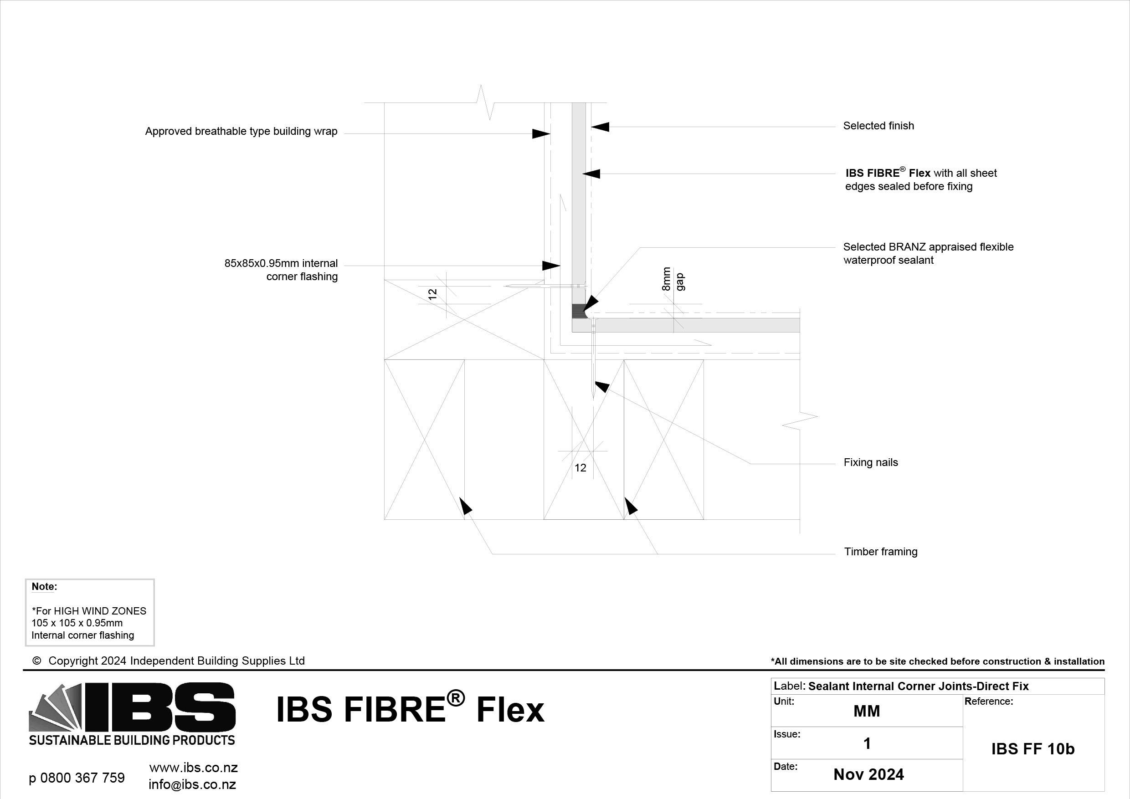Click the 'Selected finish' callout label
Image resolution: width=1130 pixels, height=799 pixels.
pos(878,126)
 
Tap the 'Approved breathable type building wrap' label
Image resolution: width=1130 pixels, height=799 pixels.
pos(241,131)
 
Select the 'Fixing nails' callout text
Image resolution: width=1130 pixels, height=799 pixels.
pos(871,462)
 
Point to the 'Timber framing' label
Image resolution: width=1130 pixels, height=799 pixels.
pos(880,552)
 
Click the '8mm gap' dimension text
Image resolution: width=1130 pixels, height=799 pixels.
pos(673,279)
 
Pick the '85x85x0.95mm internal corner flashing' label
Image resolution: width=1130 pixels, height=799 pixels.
pos(281,270)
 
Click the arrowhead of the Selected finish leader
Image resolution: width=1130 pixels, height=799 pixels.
pos(600,127)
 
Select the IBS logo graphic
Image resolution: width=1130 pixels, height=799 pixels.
pos(132,713)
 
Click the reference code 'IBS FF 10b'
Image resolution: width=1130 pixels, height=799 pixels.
pos(1032,748)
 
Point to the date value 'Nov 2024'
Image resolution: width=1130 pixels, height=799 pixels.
pos(868,774)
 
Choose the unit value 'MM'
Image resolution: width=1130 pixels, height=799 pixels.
pos(867,711)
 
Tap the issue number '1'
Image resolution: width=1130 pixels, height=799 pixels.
pos(867,743)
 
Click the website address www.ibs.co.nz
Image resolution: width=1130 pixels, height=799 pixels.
pos(193,768)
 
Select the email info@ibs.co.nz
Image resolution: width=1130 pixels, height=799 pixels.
pos(192,784)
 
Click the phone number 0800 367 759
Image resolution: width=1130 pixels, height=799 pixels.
pos(82,778)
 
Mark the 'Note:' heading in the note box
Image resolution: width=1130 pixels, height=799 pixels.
pos(44,586)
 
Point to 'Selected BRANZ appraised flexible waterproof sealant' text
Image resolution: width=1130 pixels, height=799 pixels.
pos(928,253)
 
